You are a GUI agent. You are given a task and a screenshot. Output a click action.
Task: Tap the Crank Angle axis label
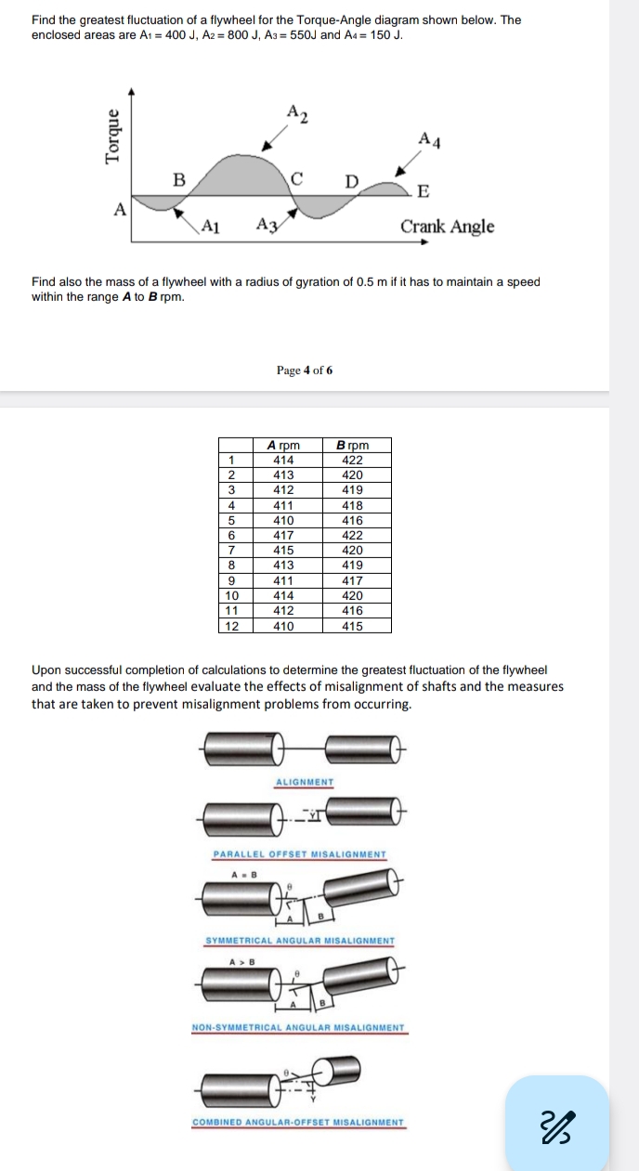pos(447,227)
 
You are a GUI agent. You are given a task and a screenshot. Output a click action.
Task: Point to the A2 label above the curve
pos(297,113)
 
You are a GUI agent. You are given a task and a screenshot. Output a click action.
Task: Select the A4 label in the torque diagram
pos(429,139)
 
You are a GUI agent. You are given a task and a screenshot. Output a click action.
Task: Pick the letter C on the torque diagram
pos(297,177)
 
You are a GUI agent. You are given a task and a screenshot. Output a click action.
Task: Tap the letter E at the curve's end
pos(424,191)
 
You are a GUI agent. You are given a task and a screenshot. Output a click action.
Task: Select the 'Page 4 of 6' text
pos(305,371)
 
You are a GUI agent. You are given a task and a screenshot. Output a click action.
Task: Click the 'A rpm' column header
pos(283,445)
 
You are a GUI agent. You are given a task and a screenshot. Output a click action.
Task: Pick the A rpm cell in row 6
pos(283,535)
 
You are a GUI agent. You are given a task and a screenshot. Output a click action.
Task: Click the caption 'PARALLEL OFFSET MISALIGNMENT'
pos(300,854)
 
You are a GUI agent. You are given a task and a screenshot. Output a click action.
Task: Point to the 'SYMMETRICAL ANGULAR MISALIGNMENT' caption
pos(299,941)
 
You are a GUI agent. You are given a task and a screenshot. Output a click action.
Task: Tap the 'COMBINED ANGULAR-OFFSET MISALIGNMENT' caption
pos(298,1122)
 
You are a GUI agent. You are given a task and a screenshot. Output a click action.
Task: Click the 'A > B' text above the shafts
pos(242,963)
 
